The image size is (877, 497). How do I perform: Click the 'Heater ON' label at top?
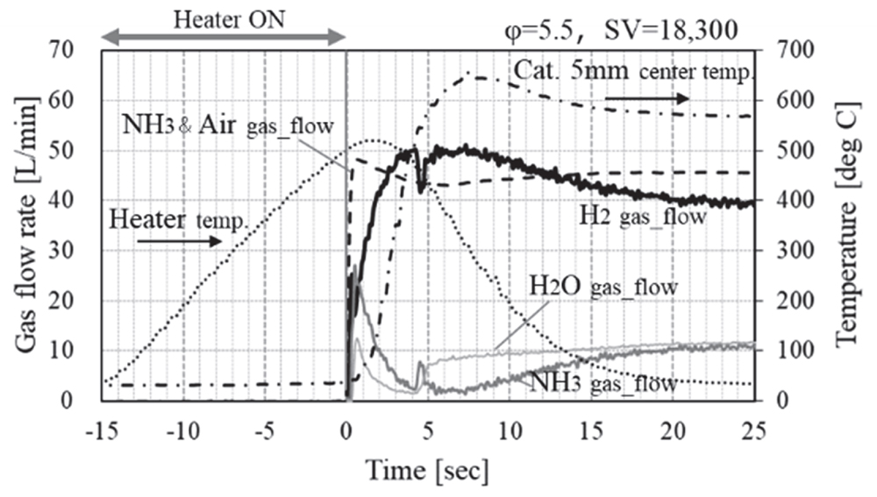click(x=224, y=18)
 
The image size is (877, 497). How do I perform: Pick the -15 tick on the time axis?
click(x=101, y=431)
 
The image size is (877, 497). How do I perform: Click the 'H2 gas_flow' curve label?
click(x=643, y=216)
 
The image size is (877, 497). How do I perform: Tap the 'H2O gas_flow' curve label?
click(x=605, y=288)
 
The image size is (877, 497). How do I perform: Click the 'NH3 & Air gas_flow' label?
click(x=228, y=125)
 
